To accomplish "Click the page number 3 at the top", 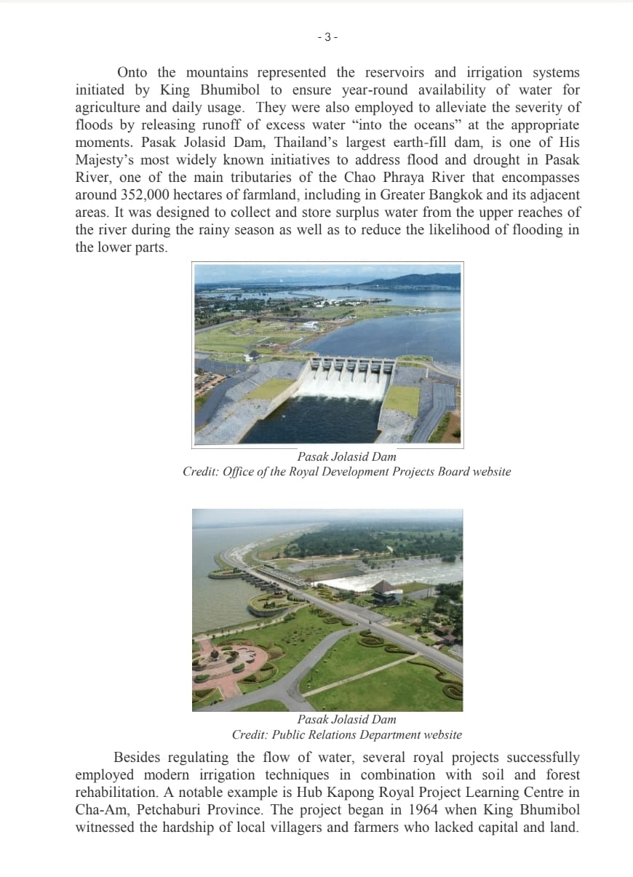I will click(x=327, y=37).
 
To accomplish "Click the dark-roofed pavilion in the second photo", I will click(x=384, y=588).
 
